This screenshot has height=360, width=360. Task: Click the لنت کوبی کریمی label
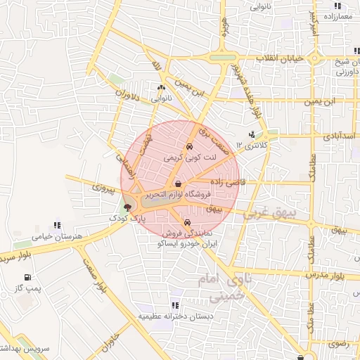pos(188,157)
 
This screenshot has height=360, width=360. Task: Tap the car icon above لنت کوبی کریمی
pos(188,147)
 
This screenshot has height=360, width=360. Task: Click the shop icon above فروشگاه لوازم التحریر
pos(176,184)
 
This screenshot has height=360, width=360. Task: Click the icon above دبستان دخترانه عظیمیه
pos(175,306)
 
